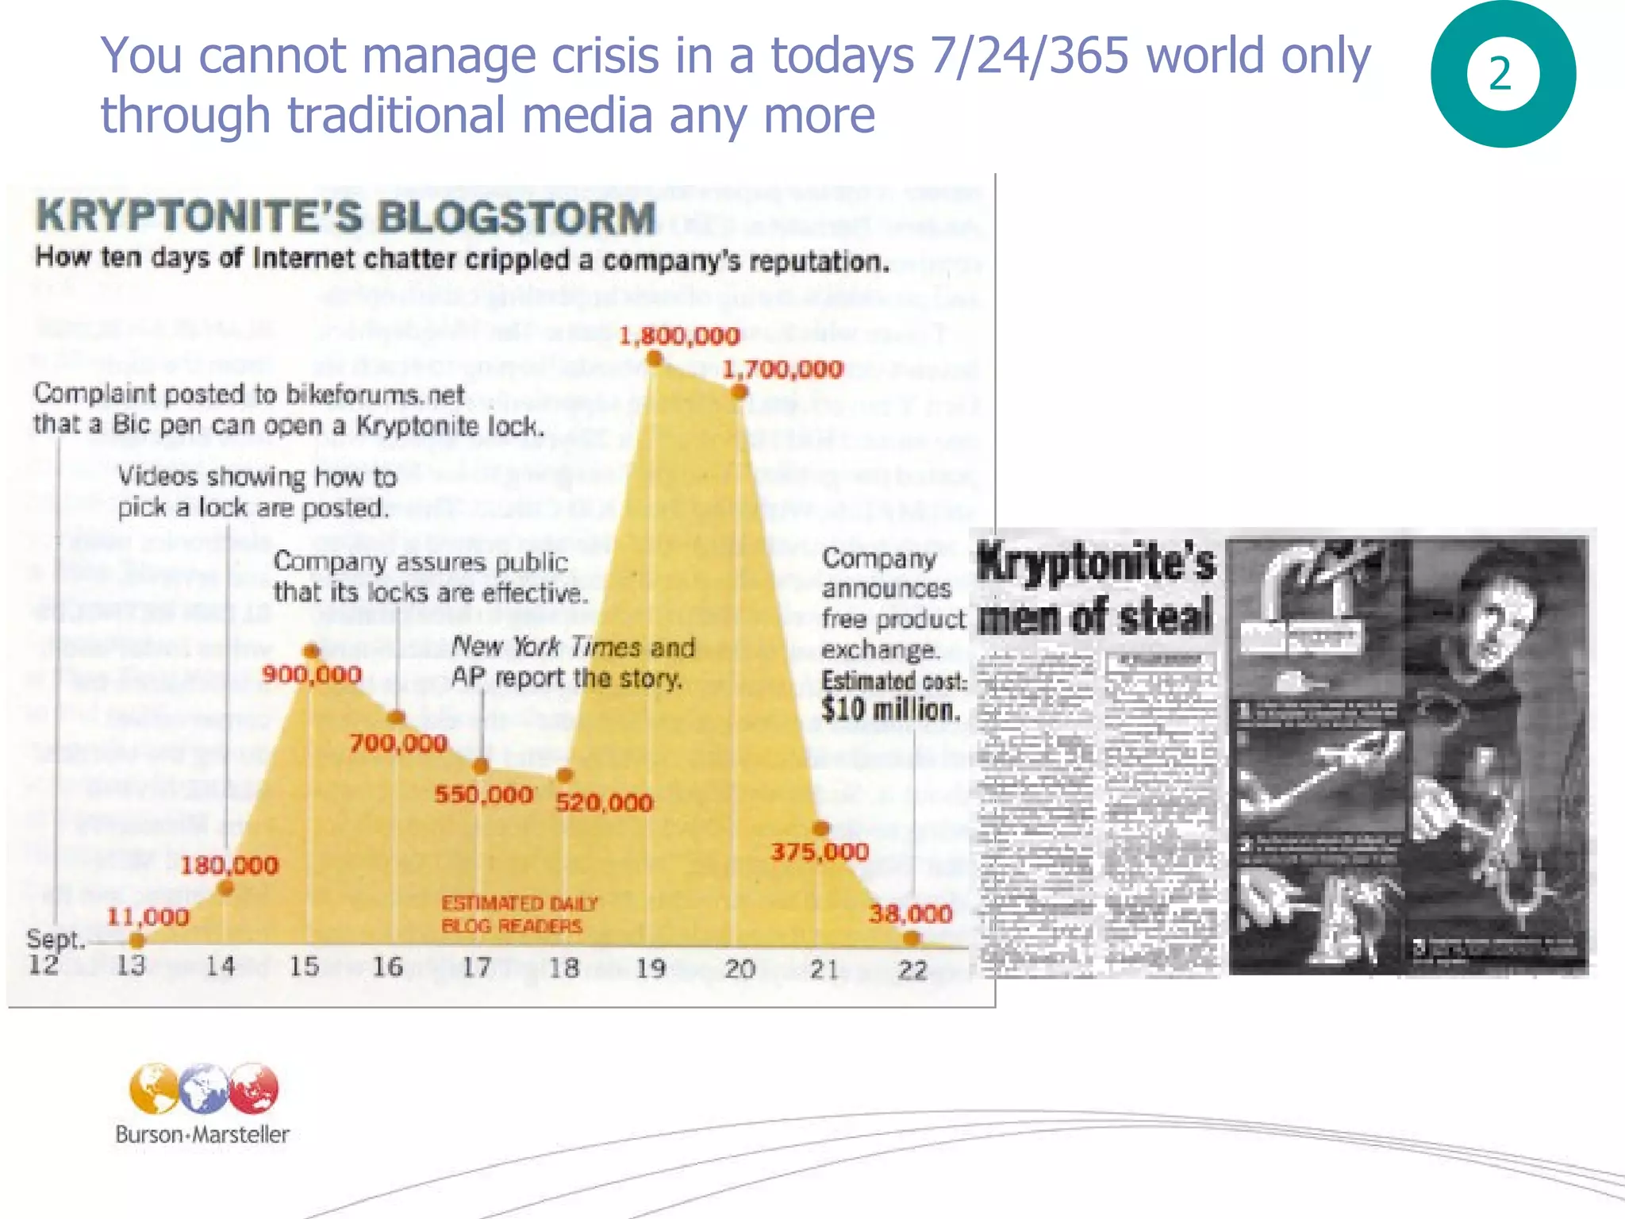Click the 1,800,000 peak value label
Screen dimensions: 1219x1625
679,336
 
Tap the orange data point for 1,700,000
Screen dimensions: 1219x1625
739,391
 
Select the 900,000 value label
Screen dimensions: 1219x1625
312,675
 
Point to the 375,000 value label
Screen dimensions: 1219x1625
820,852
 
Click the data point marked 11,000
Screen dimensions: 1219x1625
136,941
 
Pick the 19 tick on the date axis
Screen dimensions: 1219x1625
651,968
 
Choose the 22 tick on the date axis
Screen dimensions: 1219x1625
912,970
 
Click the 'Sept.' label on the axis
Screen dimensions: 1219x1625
55,940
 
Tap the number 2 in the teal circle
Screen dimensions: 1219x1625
1500,75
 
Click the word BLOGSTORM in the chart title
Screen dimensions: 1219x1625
517,218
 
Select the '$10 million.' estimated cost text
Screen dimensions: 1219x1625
890,709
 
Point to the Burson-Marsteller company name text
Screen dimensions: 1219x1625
202,1134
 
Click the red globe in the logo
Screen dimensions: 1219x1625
254,1089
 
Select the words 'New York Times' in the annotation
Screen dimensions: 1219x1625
546,648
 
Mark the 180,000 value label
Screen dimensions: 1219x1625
229,865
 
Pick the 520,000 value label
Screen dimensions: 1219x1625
604,803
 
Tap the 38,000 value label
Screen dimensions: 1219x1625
910,914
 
